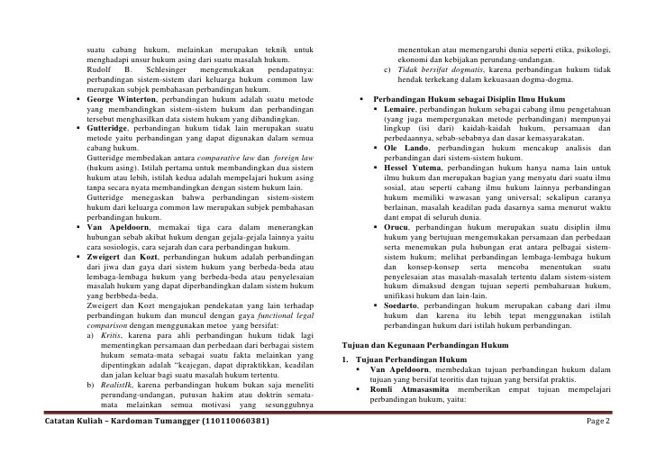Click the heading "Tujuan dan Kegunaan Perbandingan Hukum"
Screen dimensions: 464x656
[x=426, y=345]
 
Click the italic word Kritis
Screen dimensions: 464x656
[x=113, y=334]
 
